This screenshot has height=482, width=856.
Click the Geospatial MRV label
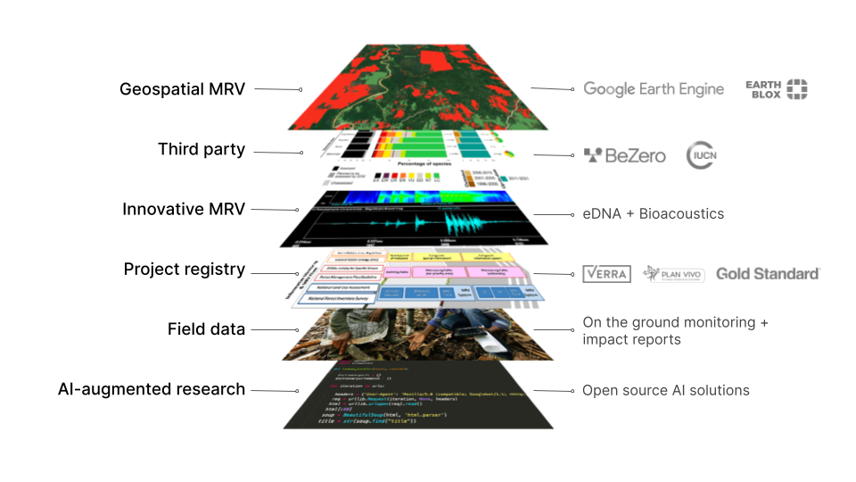point(182,89)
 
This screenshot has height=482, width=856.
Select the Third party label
point(201,149)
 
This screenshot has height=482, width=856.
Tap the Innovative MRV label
point(183,210)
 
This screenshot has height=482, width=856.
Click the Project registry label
point(184,269)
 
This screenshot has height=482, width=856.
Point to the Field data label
point(206,329)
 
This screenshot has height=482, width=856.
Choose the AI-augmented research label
point(151,389)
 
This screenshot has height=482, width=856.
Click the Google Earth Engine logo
point(654,89)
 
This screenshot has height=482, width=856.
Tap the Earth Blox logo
point(777,88)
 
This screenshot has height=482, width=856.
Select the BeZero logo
point(624,155)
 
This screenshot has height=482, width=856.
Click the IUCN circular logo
point(702,155)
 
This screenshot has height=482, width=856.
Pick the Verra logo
point(606,273)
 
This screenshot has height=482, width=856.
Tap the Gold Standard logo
point(767,273)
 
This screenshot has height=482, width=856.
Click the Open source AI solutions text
point(665,390)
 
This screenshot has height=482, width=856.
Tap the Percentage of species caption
point(411,164)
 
